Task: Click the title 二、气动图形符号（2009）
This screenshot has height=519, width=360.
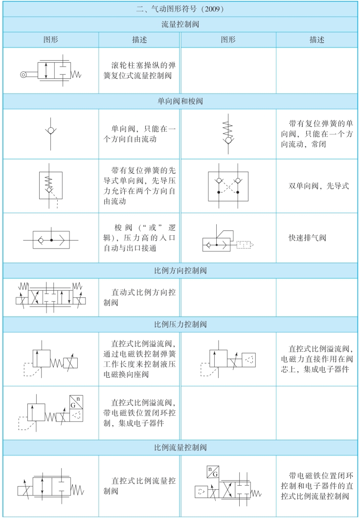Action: (180, 9)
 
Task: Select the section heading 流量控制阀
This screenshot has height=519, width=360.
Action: (180, 23)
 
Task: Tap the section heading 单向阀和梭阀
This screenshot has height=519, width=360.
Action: (180, 101)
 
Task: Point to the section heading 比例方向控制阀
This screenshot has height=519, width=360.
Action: (180, 270)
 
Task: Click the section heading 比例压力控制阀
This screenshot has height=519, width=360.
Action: (180, 324)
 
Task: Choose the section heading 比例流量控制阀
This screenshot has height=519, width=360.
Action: (180, 447)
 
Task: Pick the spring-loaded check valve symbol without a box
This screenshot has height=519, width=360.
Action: (228, 133)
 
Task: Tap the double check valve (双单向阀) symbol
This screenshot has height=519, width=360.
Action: (228, 186)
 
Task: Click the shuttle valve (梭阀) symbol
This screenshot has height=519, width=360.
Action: (50, 241)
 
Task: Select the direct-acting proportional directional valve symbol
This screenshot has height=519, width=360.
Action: (50, 297)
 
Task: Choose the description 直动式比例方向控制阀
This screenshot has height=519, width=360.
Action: (140, 297)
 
